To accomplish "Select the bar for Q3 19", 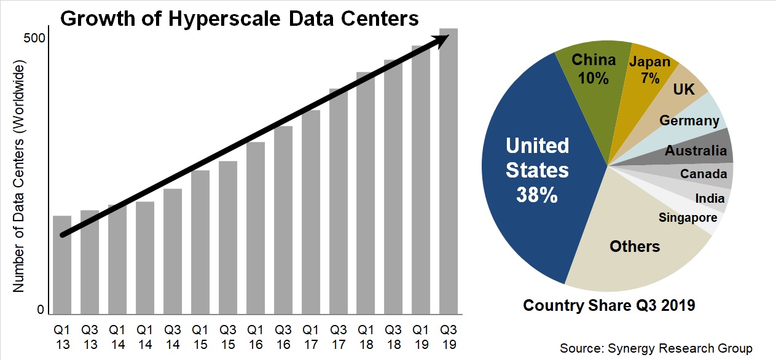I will [x=449, y=172].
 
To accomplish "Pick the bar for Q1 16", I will [x=256, y=228].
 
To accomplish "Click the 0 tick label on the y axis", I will [x=41, y=310].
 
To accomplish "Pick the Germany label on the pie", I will [x=689, y=120].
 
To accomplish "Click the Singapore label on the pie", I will [x=688, y=217].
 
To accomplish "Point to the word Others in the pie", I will [x=634, y=246].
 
